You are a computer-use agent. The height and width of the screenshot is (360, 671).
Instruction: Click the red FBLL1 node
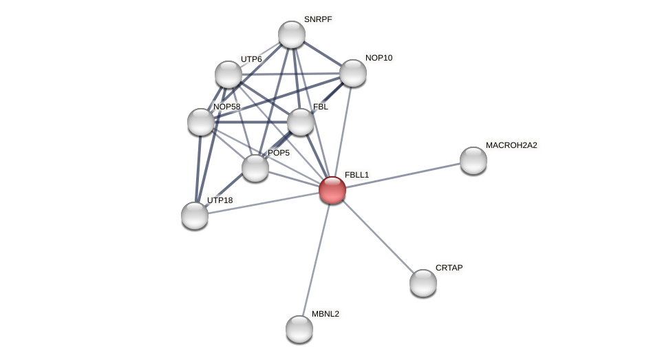[x=332, y=190]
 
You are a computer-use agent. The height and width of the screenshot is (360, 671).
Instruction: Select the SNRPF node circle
[x=292, y=34]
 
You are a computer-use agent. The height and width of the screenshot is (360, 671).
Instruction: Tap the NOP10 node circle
[x=353, y=73]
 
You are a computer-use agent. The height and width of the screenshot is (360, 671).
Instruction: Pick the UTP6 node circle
[x=228, y=74]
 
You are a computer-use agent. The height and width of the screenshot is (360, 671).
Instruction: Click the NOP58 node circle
[x=201, y=122]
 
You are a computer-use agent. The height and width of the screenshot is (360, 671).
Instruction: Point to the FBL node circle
[x=301, y=122]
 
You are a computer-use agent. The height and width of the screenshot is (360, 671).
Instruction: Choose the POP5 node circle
[x=255, y=168]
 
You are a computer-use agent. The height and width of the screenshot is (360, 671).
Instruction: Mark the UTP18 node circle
[x=195, y=215]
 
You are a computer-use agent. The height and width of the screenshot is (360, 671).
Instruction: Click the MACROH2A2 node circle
[x=473, y=160]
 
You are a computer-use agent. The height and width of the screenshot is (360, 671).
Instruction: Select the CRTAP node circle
[x=423, y=283]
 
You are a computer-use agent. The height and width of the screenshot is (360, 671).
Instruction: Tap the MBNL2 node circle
[x=299, y=329]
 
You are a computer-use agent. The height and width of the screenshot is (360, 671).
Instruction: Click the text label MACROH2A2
[x=511, y=145]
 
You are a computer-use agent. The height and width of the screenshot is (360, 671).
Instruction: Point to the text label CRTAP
[x=449, y=268]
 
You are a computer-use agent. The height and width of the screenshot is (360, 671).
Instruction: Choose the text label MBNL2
[x=326, y=314]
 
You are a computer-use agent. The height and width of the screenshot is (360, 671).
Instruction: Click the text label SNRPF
[x=318, y=19]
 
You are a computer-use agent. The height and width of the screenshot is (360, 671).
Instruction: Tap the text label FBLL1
[x=357, y=175]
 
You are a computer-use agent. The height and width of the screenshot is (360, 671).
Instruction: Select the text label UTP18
[x=220, y=200]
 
